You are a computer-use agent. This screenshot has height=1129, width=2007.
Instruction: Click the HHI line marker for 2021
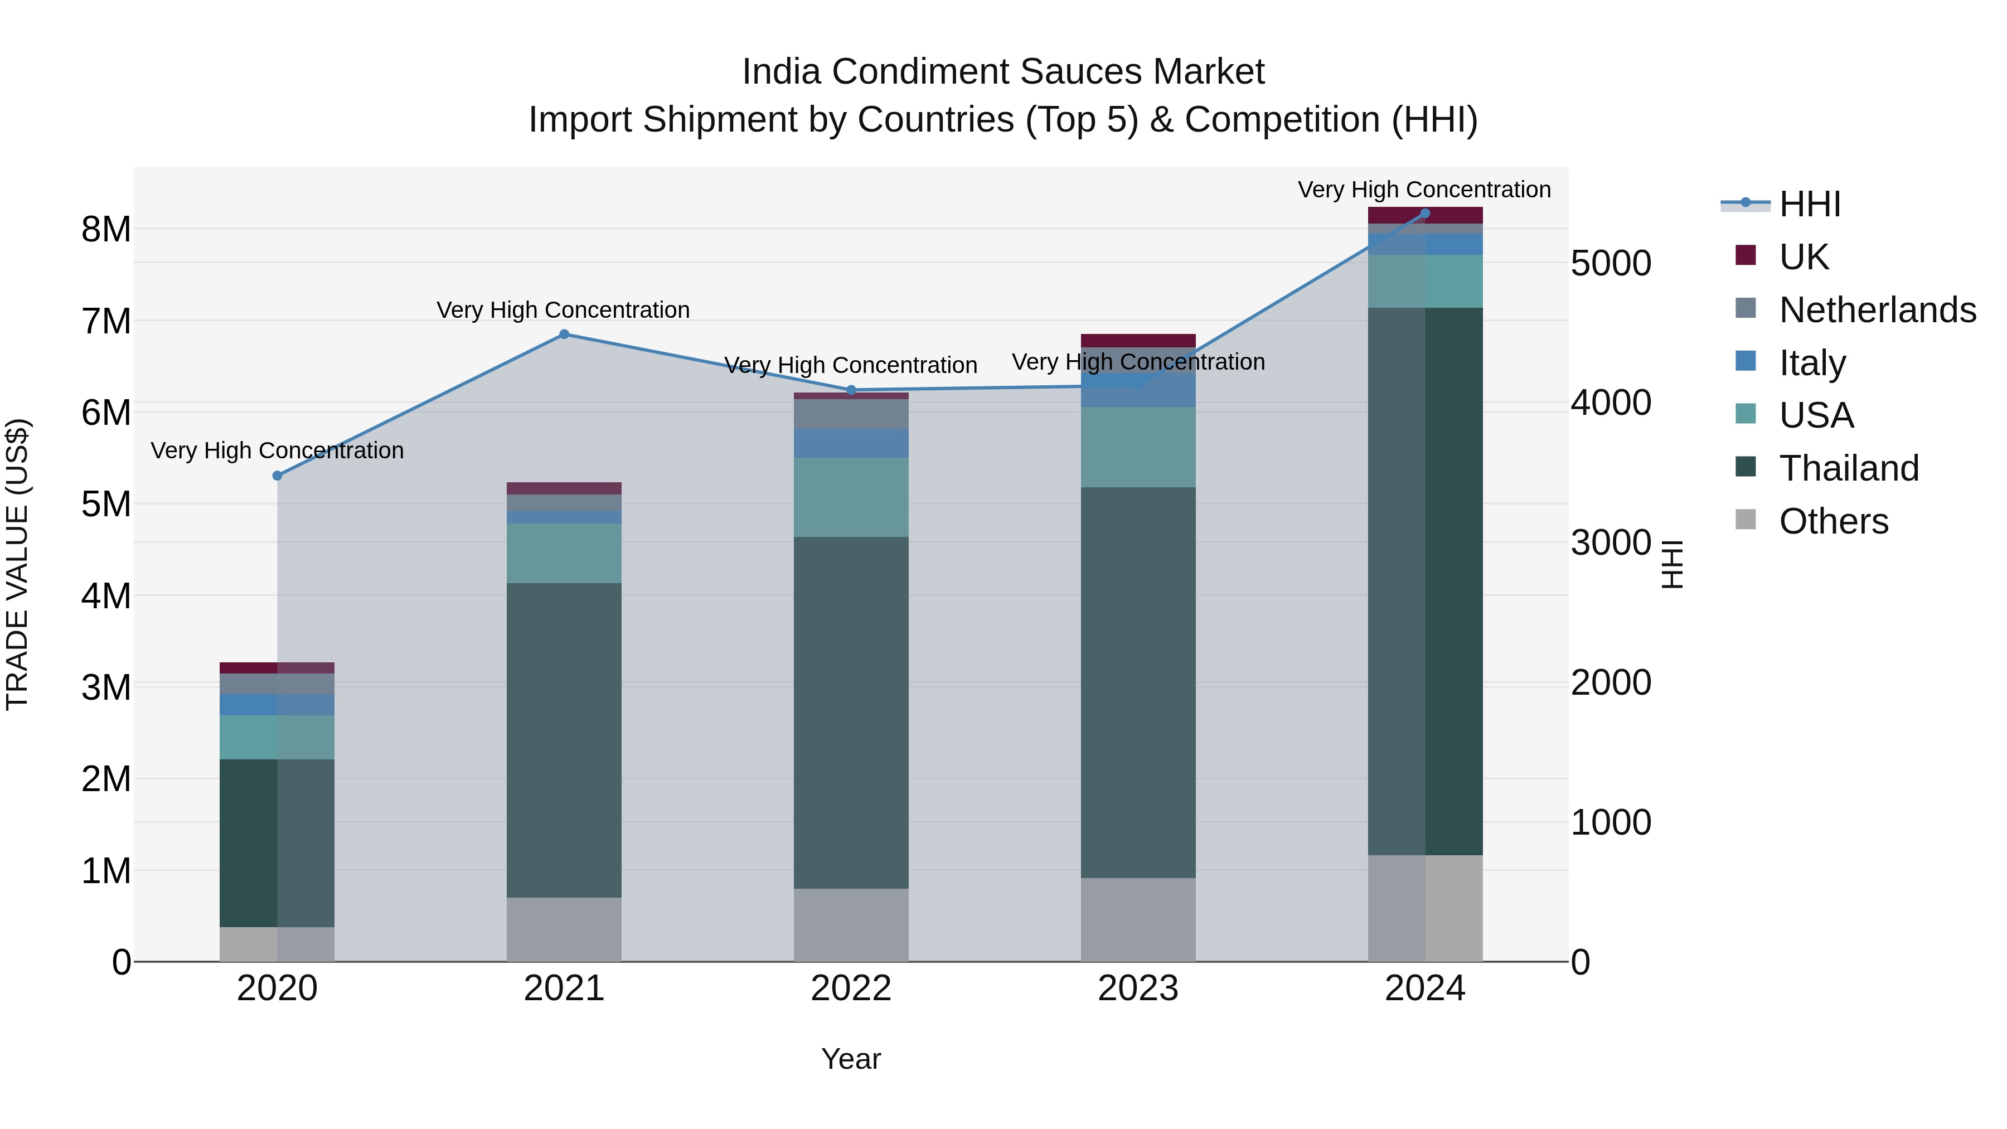point(564,335)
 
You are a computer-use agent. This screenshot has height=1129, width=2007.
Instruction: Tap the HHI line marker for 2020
point(278,475)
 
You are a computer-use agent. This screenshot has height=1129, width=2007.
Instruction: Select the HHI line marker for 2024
point(1425,213)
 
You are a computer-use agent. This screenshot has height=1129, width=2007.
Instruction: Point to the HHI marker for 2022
point(851,390)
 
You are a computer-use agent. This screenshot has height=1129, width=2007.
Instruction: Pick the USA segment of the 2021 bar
point(564,553)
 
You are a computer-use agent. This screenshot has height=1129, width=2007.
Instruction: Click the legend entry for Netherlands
point(1877,310)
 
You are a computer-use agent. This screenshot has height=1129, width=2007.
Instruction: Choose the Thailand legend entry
point(1848,468)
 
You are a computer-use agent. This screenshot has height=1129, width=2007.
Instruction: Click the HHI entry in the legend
point(1809,204)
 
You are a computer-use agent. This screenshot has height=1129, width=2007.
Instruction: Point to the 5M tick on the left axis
point(106,504)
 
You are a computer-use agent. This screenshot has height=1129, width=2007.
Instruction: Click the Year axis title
point(851,1059)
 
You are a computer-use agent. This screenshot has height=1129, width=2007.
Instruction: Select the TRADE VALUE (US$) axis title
point(17,564)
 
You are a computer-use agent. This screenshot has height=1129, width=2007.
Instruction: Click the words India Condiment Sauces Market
point(1003,72)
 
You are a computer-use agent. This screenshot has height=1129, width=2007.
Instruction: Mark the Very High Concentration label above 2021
point(563,310)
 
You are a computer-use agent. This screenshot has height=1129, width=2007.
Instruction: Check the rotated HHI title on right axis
point(1672,564)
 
